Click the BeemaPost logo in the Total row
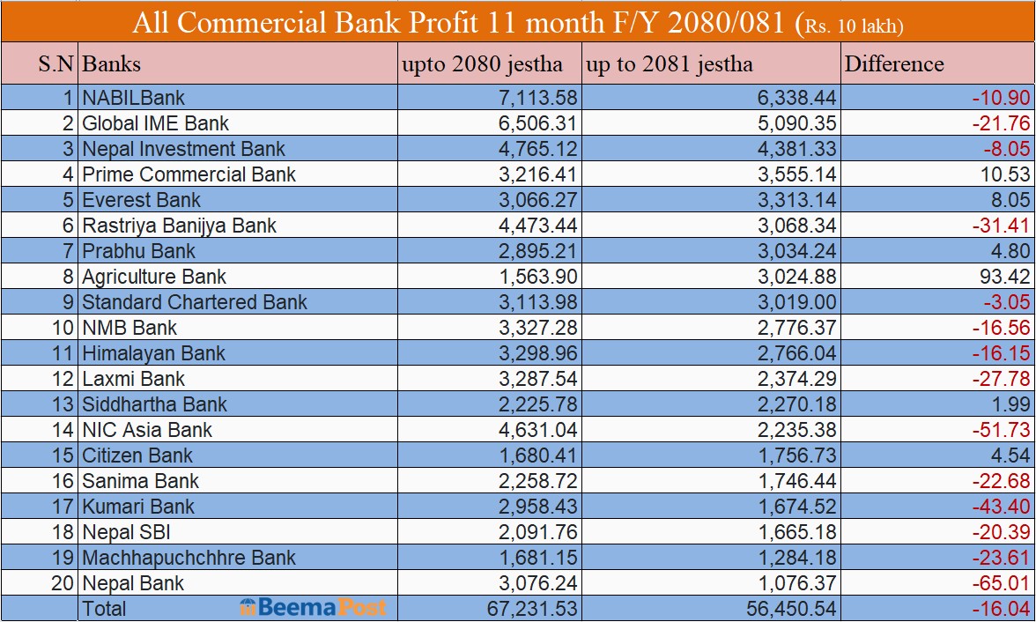tap(313, 608)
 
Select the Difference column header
tap(893, 64)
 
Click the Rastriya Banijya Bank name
tap(179, 226)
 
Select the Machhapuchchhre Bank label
tap(189, 558)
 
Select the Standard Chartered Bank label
tap(195, 302)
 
